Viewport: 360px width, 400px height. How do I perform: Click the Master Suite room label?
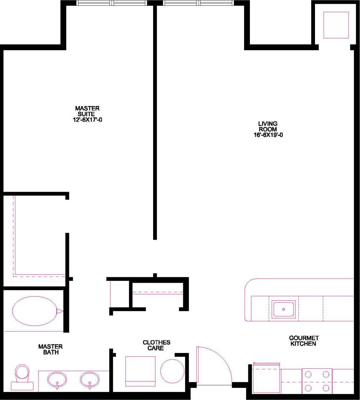[x=87, y=111]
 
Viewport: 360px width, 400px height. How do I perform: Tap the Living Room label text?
[x=267, y=126]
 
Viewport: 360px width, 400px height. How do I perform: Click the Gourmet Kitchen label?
[x=304, y=341]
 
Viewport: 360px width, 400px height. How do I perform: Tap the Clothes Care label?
[x=156, y=345]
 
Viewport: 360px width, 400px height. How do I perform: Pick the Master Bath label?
[x=50, y=349]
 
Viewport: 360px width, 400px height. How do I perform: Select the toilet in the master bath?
[x=23, y=377]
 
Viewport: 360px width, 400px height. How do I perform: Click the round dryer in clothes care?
[x=172, y=371]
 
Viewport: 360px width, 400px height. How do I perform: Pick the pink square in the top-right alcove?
[x=336, y=25]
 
